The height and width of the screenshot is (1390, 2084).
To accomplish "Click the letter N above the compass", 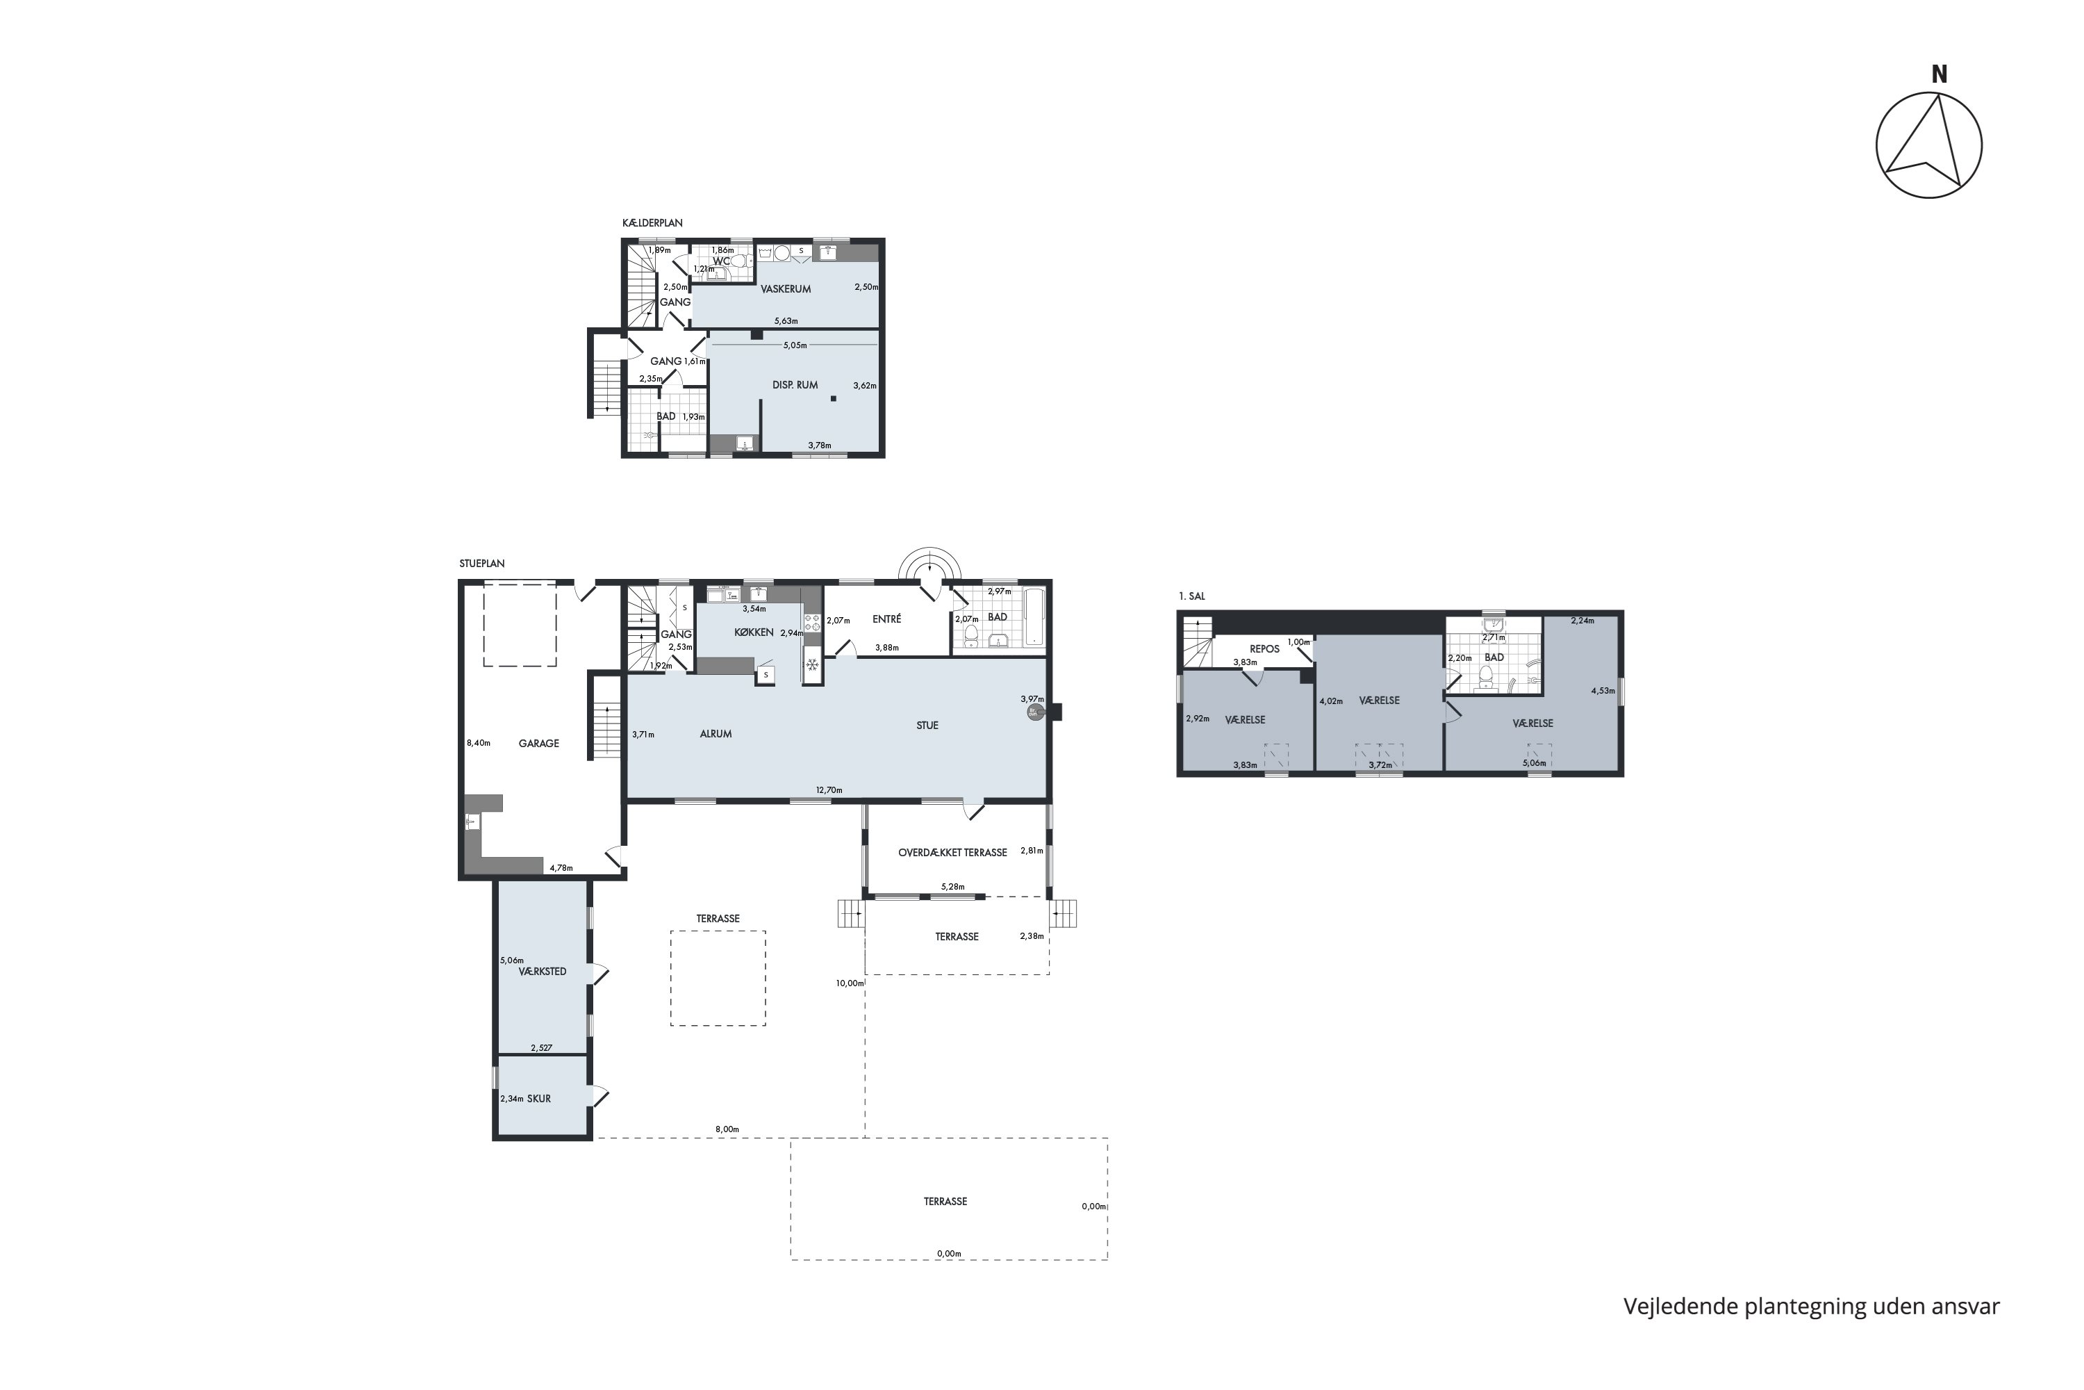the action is [1939, 75].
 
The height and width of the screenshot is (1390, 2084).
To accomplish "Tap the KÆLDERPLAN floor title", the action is [652, 223].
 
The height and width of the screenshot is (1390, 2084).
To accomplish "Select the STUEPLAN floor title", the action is [482, 564].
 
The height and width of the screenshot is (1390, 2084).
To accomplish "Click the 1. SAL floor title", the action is [1192, 596].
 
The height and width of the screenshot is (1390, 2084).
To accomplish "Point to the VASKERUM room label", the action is [786, 289].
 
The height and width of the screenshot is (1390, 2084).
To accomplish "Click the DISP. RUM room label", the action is [795, 385].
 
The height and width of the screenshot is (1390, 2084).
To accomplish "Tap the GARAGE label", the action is [539, 744].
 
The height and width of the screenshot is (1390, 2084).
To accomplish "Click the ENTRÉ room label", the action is [887, 619].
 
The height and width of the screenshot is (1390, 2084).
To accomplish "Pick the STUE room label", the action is [927, 725].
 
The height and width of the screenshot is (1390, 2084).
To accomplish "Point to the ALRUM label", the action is [716, 734].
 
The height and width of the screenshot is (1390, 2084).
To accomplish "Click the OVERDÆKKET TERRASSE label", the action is [952, 853].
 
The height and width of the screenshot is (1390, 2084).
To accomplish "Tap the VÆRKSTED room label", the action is [543, 972].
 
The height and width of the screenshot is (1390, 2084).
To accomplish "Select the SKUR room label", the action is [539, 1099].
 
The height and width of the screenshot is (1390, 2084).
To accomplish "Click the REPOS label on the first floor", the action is [1264, 649].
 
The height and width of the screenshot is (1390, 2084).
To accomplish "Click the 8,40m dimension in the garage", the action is [479, 743].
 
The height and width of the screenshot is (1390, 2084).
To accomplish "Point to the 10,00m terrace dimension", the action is [849, 983].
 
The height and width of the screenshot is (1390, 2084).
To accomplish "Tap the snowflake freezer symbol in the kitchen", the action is [811, 663].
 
